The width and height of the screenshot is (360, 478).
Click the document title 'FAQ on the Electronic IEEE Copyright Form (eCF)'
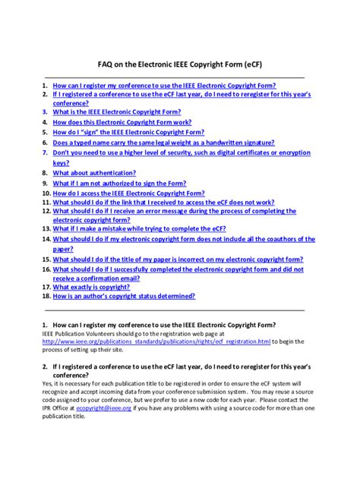point(180,65)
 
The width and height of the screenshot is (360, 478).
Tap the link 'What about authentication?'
point(94,173)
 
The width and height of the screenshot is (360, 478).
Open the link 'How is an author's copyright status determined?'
point(130,298)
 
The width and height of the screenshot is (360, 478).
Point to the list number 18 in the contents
point(46,298)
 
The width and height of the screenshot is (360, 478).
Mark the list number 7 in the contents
point(46,153)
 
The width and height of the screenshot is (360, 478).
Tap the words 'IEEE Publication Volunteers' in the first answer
point(79,333)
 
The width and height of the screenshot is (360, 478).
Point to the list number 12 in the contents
point(46,212)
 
